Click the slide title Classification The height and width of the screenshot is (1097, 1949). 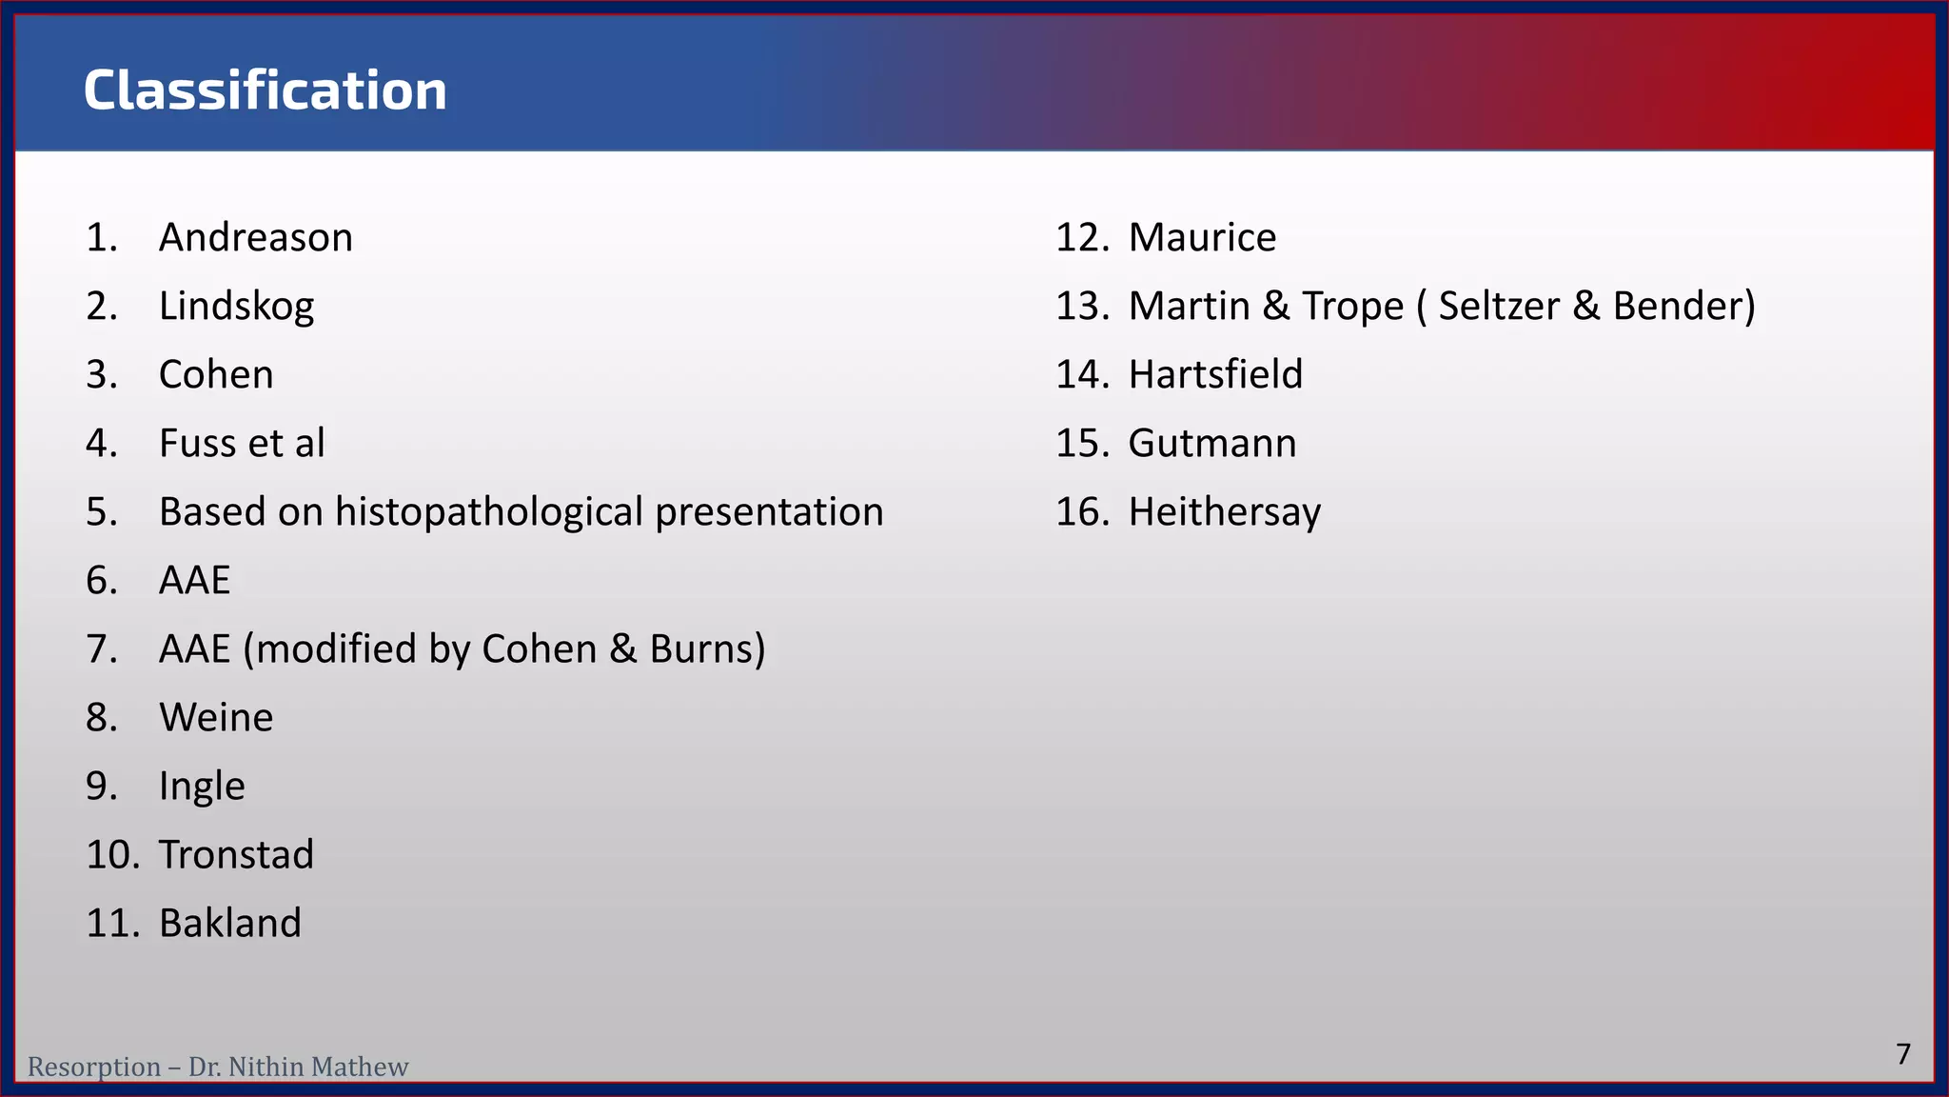(265, 90)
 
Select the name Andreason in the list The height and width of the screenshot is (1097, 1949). (255, 237)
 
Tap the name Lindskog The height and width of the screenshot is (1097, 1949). (236, 307)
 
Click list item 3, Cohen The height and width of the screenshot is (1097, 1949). (216, 374)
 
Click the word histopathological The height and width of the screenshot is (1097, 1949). (489, 512)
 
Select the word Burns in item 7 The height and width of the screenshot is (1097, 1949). (707, 648)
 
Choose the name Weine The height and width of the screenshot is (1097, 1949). (216, 717)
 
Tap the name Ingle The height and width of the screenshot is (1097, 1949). (202, 787)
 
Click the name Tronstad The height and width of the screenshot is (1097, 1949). (236, 854)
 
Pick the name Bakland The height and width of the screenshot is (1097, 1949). (229, 923)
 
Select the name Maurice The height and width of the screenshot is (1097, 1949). (1202, 237)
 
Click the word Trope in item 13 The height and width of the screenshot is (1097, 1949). (1352, 306)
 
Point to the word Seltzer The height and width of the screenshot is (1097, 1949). (1499, 306)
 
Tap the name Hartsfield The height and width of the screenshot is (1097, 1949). (1215, 374)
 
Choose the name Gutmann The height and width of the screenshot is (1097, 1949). (1211, 443)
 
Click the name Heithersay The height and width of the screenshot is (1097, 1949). (1224, 512)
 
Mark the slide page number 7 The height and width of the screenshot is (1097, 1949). (1902, 1054)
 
